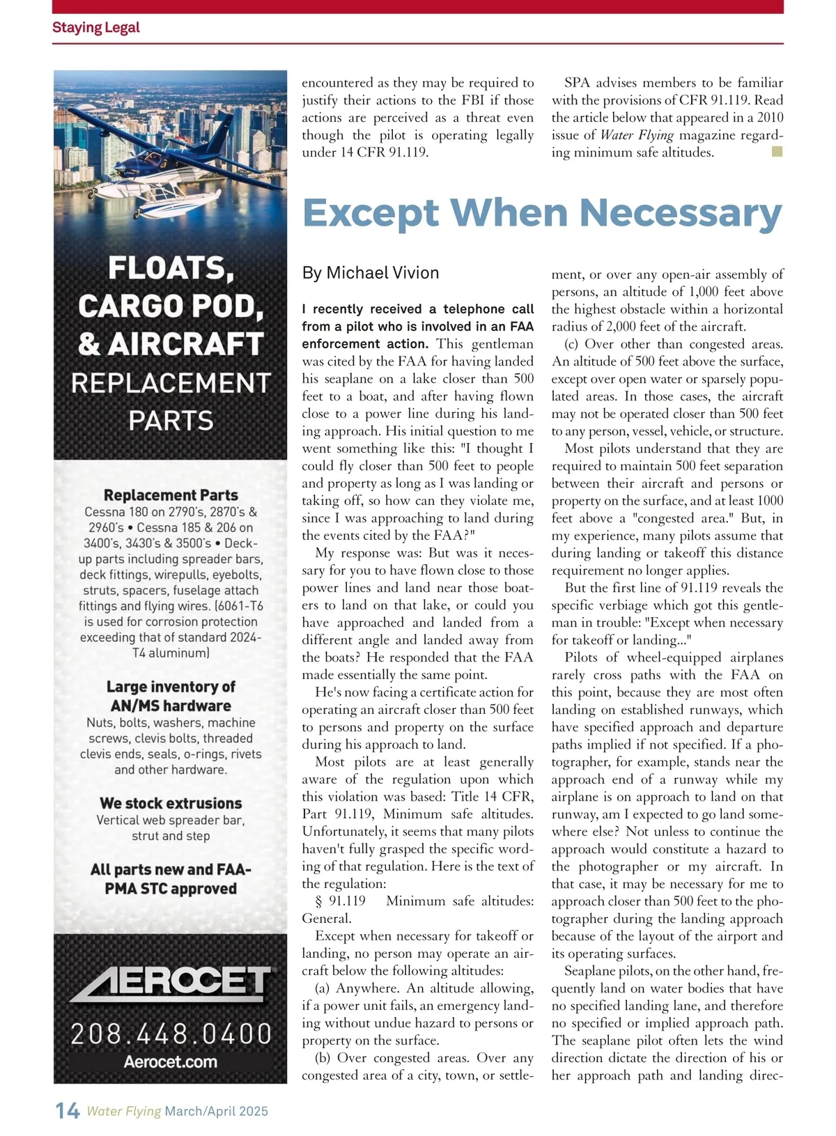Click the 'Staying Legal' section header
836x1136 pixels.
coord(96,28)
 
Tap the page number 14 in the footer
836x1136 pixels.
coord(68,1110)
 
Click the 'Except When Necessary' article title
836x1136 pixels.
coord(542,213)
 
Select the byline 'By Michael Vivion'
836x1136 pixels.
coord(371,273)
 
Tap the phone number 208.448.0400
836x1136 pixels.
coord(171,1034)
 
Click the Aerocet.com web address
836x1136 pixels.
coord(171,1062)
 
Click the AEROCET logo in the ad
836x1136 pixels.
coord(171,983)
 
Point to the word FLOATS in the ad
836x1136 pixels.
coord(171,268)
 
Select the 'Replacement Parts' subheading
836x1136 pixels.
coord(171,495)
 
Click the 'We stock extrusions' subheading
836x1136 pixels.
coord(171,803)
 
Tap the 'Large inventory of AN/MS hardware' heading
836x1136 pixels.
coord(171,696)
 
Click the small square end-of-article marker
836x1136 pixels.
coord(777,151)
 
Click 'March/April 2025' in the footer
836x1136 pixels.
coord(217,1111)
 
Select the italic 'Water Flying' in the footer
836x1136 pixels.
coord(124,1111)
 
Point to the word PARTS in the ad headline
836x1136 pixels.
coord(171,421)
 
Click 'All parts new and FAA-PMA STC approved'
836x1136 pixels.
coord(171,879)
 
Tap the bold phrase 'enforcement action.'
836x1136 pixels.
coord(364,344)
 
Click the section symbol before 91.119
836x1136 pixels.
coord(319,901)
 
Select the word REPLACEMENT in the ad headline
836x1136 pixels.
coord(171,383)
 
